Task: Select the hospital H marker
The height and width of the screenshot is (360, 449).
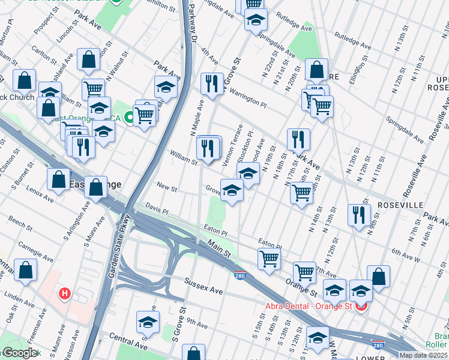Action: pos(65,294)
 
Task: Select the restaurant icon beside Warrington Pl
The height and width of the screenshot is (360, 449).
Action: pos(211,84)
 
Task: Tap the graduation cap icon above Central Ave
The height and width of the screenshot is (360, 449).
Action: pos(148,322)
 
